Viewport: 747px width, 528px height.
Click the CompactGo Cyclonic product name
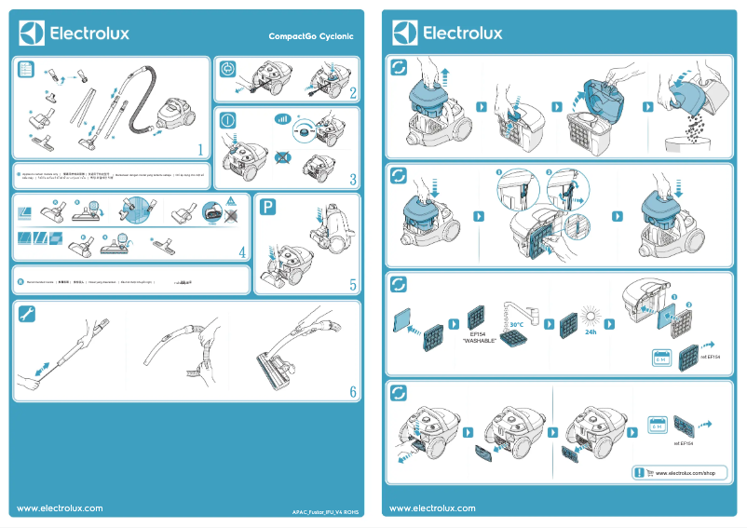310,36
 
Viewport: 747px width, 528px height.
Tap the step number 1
200,149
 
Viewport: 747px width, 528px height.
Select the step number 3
353,179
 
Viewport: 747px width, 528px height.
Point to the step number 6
353,392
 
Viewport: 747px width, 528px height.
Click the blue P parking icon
268,208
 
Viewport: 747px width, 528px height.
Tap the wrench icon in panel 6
26,314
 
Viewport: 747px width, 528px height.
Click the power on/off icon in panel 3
229,120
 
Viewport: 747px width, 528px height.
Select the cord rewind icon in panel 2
229,69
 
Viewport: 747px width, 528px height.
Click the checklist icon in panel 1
26,69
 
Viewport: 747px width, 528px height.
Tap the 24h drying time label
591,332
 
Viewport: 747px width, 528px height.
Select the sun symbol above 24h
590,312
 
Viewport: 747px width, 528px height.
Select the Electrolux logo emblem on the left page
32,34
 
